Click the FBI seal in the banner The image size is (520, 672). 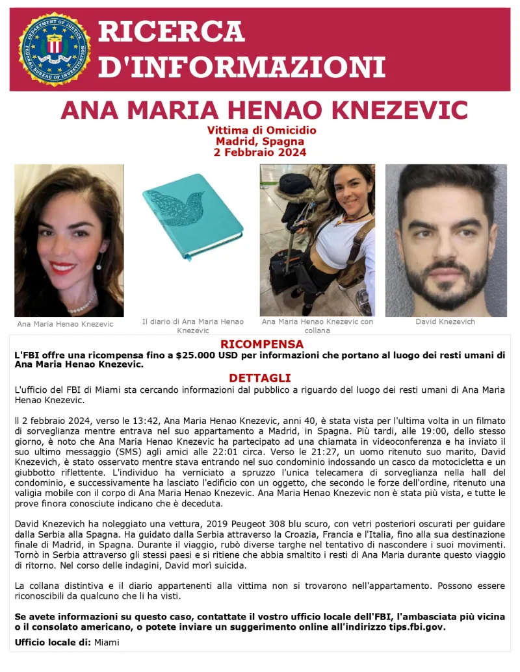pos(54,49)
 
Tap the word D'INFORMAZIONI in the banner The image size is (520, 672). pos(241,68)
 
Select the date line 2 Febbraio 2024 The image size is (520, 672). pos(260,153)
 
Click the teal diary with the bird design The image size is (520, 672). pos(192,216)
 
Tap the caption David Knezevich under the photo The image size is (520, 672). pos(445,322)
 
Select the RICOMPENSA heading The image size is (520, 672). pos(261,344)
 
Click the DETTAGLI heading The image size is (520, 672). pos(259,378)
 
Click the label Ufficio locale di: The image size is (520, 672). pos(53,642)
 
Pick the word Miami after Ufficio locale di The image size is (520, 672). pos(107,642)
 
